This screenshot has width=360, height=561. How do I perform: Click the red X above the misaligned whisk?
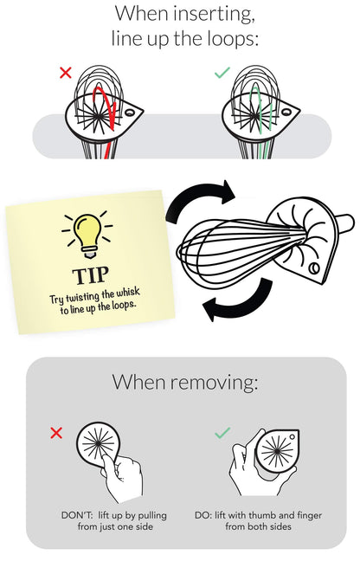tap(66, 73)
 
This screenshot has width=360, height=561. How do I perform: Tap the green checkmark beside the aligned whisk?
tap(222, 73)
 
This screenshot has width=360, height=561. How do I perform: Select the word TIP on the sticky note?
tap(91, 275)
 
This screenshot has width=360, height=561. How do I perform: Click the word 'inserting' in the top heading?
tap(214, 15)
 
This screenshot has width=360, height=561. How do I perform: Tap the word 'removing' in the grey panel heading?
tap(214, 382)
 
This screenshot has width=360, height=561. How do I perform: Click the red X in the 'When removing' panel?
tap(56, 433)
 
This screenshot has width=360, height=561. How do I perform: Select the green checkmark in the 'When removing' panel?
tap(222, 432)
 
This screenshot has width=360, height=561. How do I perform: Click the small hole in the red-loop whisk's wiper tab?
tap(130, 113)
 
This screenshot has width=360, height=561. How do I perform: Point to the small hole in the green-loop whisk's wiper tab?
tap(286, 112)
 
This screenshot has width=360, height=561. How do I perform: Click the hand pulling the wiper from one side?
tap(122, 476)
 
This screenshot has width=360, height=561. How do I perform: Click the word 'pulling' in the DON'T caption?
tap(152, 516)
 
